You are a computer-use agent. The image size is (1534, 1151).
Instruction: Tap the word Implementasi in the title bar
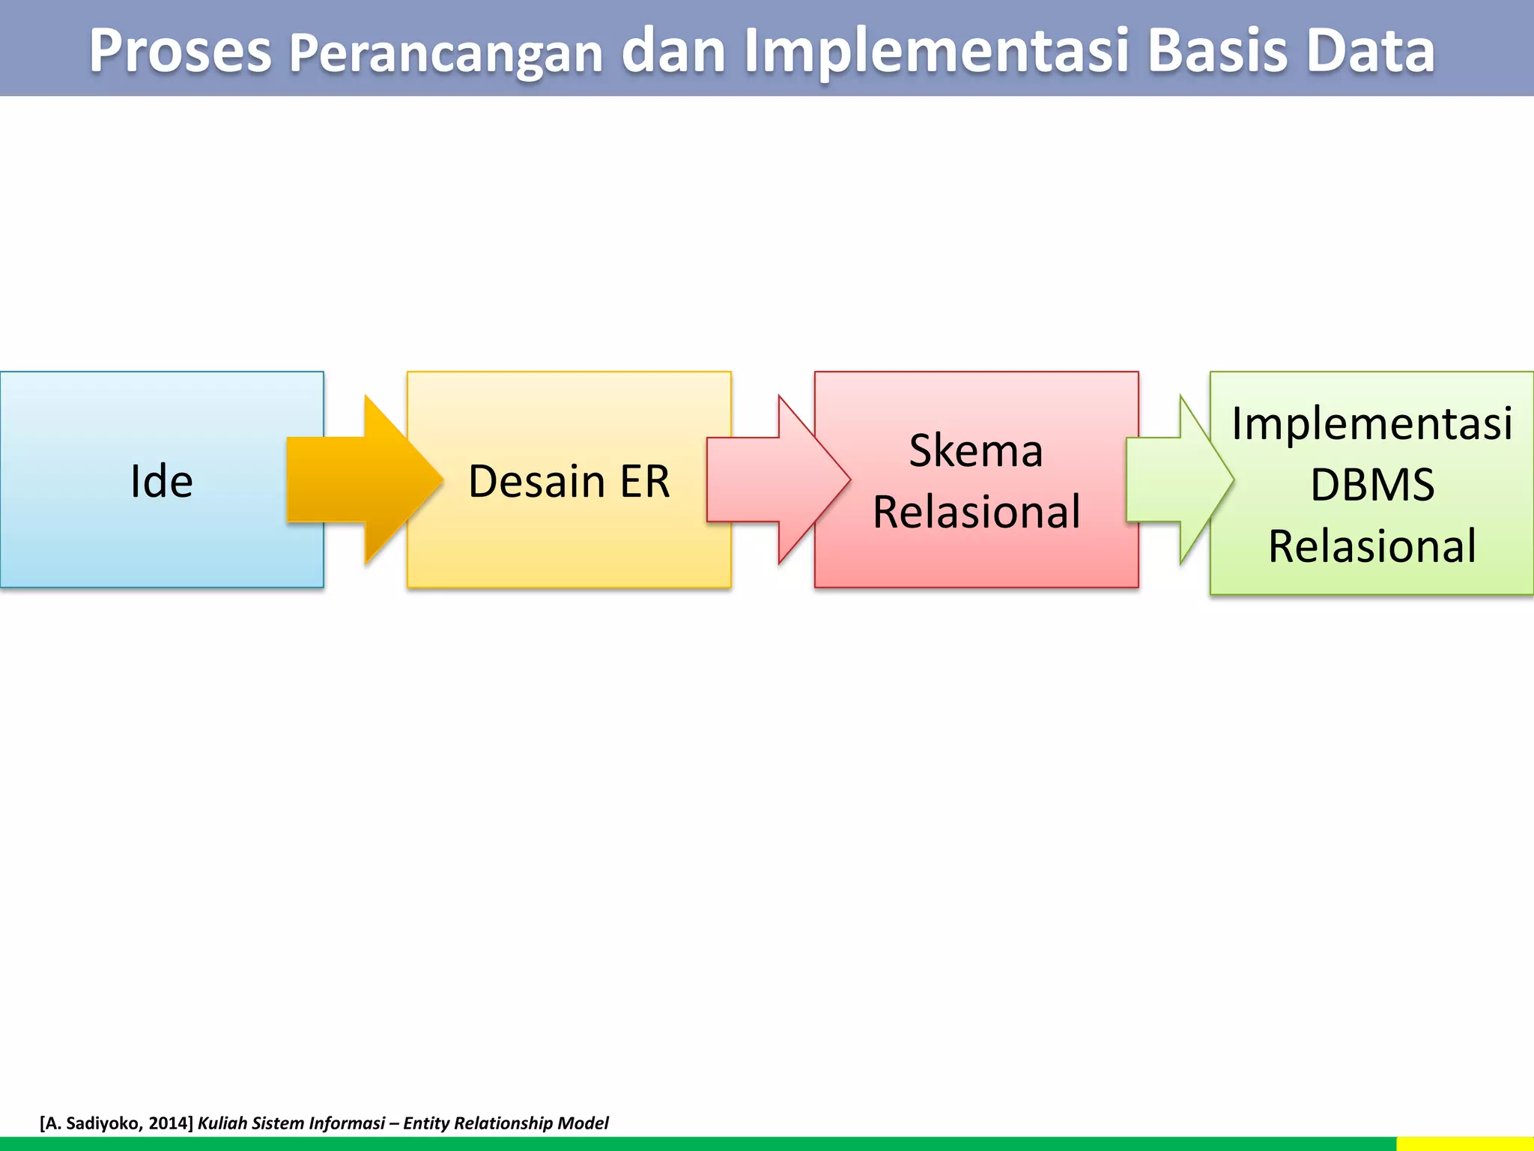(x=936, y=52)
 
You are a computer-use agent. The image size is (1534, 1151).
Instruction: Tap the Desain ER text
(x=569, y=480)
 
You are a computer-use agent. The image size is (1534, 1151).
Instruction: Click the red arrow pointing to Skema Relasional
(x=779, y=480)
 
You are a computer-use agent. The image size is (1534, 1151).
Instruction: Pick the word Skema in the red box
(x=976, y=450)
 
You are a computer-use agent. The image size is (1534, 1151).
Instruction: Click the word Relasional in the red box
(x=976, y=512)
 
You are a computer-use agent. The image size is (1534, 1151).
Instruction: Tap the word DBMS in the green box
(x=1371, y=485)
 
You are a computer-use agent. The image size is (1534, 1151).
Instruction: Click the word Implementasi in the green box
(x=1371, y=423)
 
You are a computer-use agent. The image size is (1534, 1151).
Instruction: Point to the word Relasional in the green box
(x=1371, y=546)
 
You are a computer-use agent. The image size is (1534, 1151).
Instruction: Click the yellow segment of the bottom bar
(x=1464, y=1144)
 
